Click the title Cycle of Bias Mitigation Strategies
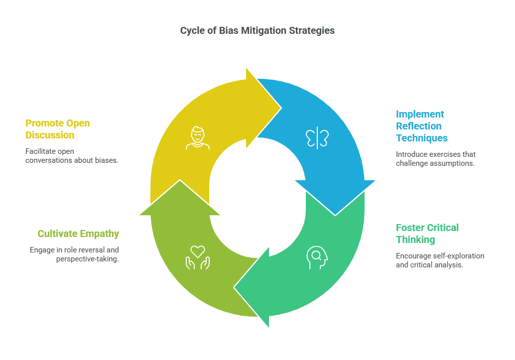point(257,31)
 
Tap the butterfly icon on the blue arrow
point(317,138)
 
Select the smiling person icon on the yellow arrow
point(198,138)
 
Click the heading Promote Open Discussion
point(58,129)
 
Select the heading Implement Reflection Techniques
point(422,126)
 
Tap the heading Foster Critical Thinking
point(427,234)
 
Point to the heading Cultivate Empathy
point(78,234)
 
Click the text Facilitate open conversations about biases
point(72,155)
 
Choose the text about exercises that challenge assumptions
point(436,159)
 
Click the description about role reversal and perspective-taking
point(74,254)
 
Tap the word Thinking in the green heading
point(415,240)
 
